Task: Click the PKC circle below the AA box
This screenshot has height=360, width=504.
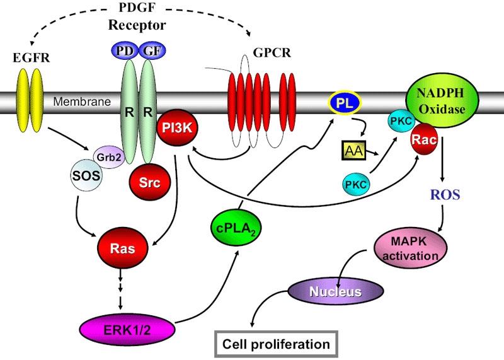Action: [x=357, y=185]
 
